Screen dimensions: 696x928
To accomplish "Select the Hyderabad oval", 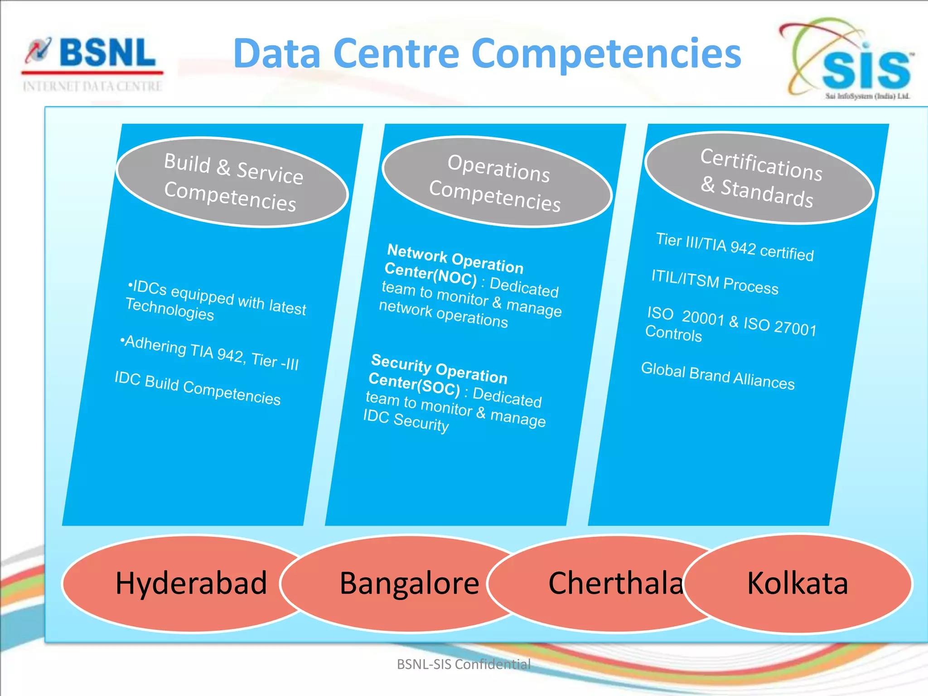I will pyautogui.click(x=181, y=583).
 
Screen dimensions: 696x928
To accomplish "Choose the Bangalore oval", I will pyautogui.click(x=399, y=583).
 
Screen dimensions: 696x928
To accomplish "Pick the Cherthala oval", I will pyautogui.click(x=603, y=583).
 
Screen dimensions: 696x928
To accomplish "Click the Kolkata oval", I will pyautogui.click(x=797, y=583).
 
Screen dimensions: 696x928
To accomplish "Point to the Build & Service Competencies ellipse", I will pyautogui.click(x=232, y=182).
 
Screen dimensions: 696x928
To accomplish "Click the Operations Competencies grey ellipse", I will pyautogui.click(x=497, y=182).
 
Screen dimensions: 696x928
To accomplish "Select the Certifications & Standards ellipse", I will pyautogui.click(x=759, y=178).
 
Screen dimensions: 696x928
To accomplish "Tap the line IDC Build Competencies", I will pyautogui.click(x=198, y=388).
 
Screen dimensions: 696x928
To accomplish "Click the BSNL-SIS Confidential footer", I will pyautogui.click(x=464, y=664).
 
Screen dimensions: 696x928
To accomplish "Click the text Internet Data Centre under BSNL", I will pyautogui.click(x=92, y=86).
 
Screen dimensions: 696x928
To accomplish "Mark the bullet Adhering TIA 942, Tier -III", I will pyautogui.click(x=211, y=353).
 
